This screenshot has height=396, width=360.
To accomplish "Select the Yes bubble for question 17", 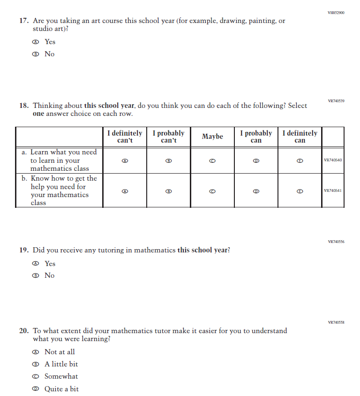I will tap(35, 42).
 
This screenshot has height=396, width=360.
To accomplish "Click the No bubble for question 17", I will tap(35, 54).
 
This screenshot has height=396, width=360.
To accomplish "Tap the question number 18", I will tap(24, 106).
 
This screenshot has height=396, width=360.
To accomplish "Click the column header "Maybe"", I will tap(212, 137).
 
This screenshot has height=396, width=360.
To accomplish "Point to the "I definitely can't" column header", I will tap(124, 137).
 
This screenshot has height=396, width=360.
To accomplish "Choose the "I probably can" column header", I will tap(256, 137).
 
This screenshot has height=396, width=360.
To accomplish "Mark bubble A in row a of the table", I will tap(124, 160).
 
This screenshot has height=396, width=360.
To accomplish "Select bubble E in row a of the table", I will tap(300, 160).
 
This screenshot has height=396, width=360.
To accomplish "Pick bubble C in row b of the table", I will tap(212, 191).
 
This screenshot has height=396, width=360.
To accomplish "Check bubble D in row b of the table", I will tap(256, 191).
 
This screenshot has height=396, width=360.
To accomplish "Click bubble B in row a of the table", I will tap(169, 160).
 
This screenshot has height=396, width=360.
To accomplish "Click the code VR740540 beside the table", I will tap(333, 160).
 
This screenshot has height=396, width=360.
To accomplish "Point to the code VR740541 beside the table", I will tap(333, 191).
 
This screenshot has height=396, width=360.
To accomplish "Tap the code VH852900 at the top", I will tap(336, 13).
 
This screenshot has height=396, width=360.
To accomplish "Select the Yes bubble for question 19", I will tap(35, 264).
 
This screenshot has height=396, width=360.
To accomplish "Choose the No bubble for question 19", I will tap(35, 275).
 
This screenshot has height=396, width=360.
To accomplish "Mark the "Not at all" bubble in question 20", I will tap(35, 352).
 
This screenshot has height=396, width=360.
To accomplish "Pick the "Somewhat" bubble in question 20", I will tap(35, 376).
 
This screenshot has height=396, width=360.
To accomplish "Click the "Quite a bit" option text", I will tap(61, 389).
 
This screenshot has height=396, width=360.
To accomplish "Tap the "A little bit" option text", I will tap(61, 364).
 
